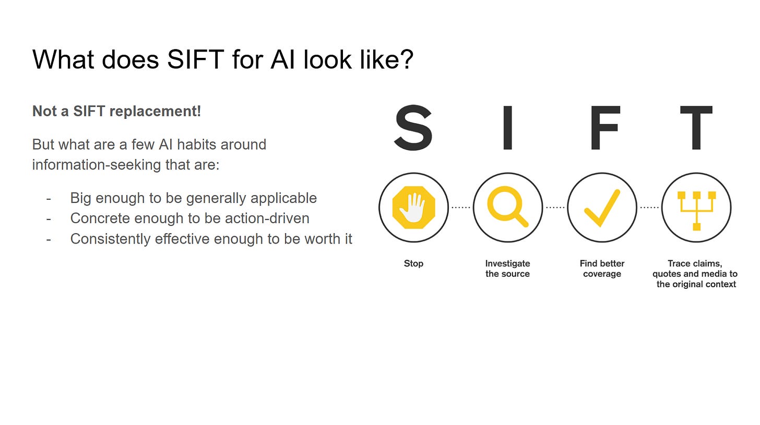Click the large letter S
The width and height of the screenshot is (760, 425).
(x=413, y=128)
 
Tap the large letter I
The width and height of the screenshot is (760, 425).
(x=507, y=128)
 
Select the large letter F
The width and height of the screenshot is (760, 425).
(x=604, y=128)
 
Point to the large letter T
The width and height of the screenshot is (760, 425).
(x=696, y=128)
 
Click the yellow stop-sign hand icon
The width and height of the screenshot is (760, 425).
(x=413, y=208)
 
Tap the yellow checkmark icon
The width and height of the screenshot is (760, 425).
(x=602, y=208)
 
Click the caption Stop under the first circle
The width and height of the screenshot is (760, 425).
(x=413, y=263)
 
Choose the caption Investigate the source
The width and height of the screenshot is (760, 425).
(x=507, y=269)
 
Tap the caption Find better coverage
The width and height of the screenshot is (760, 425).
(x=602, y=269)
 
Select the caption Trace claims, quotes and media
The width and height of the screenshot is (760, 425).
(x=695, y=274)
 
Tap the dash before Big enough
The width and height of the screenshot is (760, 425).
(x=49, y=198)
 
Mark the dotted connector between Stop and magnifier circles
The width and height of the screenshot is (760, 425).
(x=460, y=208)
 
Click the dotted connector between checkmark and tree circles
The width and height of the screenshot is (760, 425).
(x=649, y=208)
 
